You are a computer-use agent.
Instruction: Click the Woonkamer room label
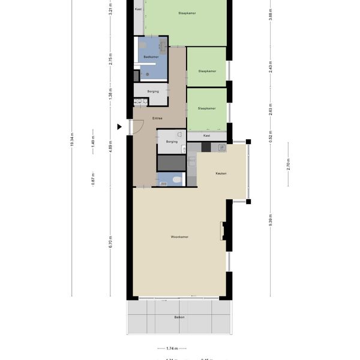click(179, 237)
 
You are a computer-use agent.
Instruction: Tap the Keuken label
click(221, 173)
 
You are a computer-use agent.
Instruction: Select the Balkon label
click(179, 317)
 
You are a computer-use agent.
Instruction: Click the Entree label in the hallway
click(157, 118)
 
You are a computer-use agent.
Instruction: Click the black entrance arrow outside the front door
click(120, 127)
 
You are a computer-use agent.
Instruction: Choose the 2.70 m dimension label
click(288, 166)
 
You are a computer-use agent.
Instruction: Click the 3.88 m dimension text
click(271, 14)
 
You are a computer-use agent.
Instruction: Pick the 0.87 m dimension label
click(93, 179)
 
